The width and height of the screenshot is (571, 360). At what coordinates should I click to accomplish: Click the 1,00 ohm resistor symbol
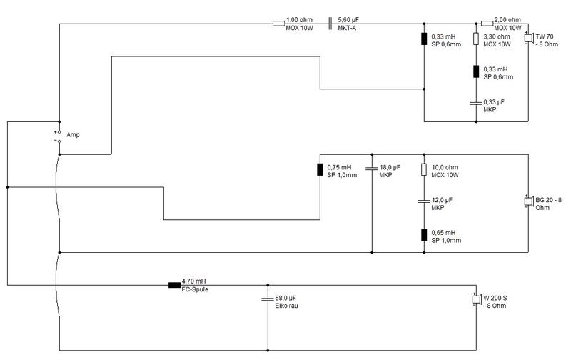tap(278, 24)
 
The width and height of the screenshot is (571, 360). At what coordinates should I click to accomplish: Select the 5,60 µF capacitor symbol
tap(330, 24)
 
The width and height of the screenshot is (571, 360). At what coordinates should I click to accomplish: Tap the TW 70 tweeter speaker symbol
tap(528, 38)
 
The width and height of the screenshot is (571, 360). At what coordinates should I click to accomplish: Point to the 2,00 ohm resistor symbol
tap(487, 24)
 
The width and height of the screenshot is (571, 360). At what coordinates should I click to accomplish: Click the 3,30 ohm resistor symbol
tap(476, 39)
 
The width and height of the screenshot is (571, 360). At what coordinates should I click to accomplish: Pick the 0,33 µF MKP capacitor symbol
tap(476, 103)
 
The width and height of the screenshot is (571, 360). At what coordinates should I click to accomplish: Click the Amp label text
tap(73, 135)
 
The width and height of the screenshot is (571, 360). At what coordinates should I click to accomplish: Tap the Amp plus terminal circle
tap(59, 132)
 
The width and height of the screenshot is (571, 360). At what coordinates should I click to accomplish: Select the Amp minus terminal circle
tap(59, 141)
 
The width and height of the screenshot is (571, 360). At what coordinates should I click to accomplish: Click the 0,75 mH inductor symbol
tap(320, 169)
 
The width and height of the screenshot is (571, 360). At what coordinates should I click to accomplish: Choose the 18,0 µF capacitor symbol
tap(372, 169)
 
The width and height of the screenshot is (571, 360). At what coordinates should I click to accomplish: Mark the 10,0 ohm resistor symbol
tap(424, 169)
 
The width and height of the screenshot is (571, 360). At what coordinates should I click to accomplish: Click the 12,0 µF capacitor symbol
tap(424, 201)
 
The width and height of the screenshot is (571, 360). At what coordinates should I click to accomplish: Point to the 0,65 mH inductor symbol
tap(424, 235)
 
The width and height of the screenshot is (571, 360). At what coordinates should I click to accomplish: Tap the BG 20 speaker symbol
tap(528, 201)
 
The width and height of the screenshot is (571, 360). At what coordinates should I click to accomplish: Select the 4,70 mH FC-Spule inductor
tap(174, 285)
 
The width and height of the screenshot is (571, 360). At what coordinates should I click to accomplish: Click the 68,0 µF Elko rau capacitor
tap(268, 299)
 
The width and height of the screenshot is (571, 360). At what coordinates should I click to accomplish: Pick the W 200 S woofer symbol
tap(476, 299)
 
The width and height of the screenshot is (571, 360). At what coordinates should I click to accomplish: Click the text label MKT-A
tap(347, 28)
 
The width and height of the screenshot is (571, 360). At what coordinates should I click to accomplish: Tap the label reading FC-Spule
tap(195, 289)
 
